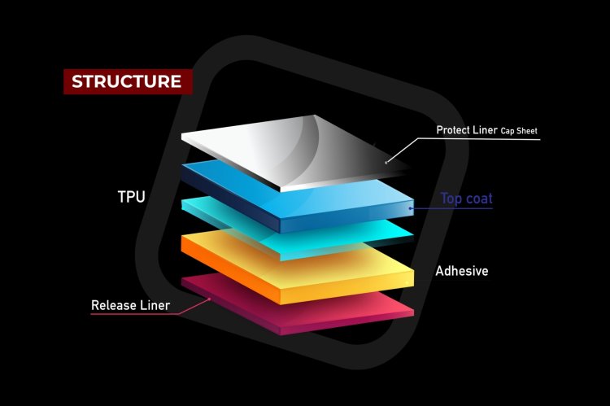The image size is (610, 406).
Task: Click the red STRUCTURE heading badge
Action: click(127, 81)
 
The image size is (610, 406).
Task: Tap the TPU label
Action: click(132, 197)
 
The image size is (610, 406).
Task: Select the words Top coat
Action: click(466, 198)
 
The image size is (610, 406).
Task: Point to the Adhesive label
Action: click(461, 270)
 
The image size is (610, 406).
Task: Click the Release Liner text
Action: click(130, 306)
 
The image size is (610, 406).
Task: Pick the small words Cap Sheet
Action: click(518, 130)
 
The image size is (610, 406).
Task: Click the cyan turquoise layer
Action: click(244, 213)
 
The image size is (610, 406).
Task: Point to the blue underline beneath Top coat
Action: click(455, 208)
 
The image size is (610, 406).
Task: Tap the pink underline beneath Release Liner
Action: click(138, 314)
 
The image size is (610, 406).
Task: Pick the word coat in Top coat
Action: click(479, 198)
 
